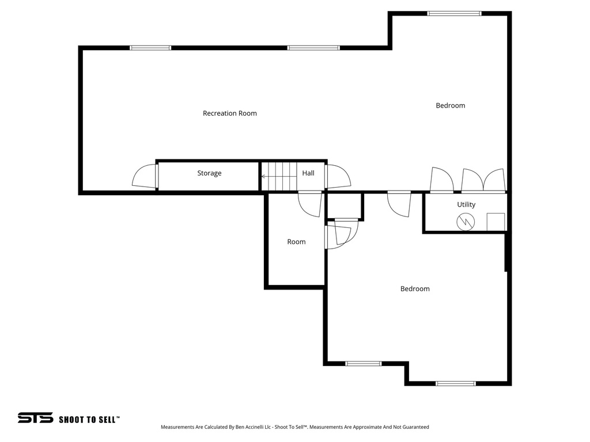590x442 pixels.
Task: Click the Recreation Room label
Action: click(229, 113)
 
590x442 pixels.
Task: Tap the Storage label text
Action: click(209, 173)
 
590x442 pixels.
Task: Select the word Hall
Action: click(308, 173)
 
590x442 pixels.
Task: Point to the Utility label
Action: click(466, 204)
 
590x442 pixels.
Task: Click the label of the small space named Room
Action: click(296, 242)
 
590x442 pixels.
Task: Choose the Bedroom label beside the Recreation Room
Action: click(450, 105)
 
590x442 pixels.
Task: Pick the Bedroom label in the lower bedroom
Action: click(415, 289)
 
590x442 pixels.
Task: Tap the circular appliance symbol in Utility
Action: click(465, 222)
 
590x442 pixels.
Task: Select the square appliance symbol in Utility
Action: click(496, 222)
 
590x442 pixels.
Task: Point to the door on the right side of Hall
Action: click(338, 176)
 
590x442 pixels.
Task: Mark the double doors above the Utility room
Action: click(483, 180)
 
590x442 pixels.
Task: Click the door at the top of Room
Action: click(310, 204)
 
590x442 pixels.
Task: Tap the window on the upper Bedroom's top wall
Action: click(454, 13)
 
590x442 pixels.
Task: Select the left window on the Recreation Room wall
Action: click(150, 48)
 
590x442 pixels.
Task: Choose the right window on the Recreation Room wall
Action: click(313, 48)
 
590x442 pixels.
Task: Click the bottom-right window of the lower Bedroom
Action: click(455, 383)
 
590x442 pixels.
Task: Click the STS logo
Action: click(35, 418)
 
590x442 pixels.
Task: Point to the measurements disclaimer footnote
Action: click(294, 427)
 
